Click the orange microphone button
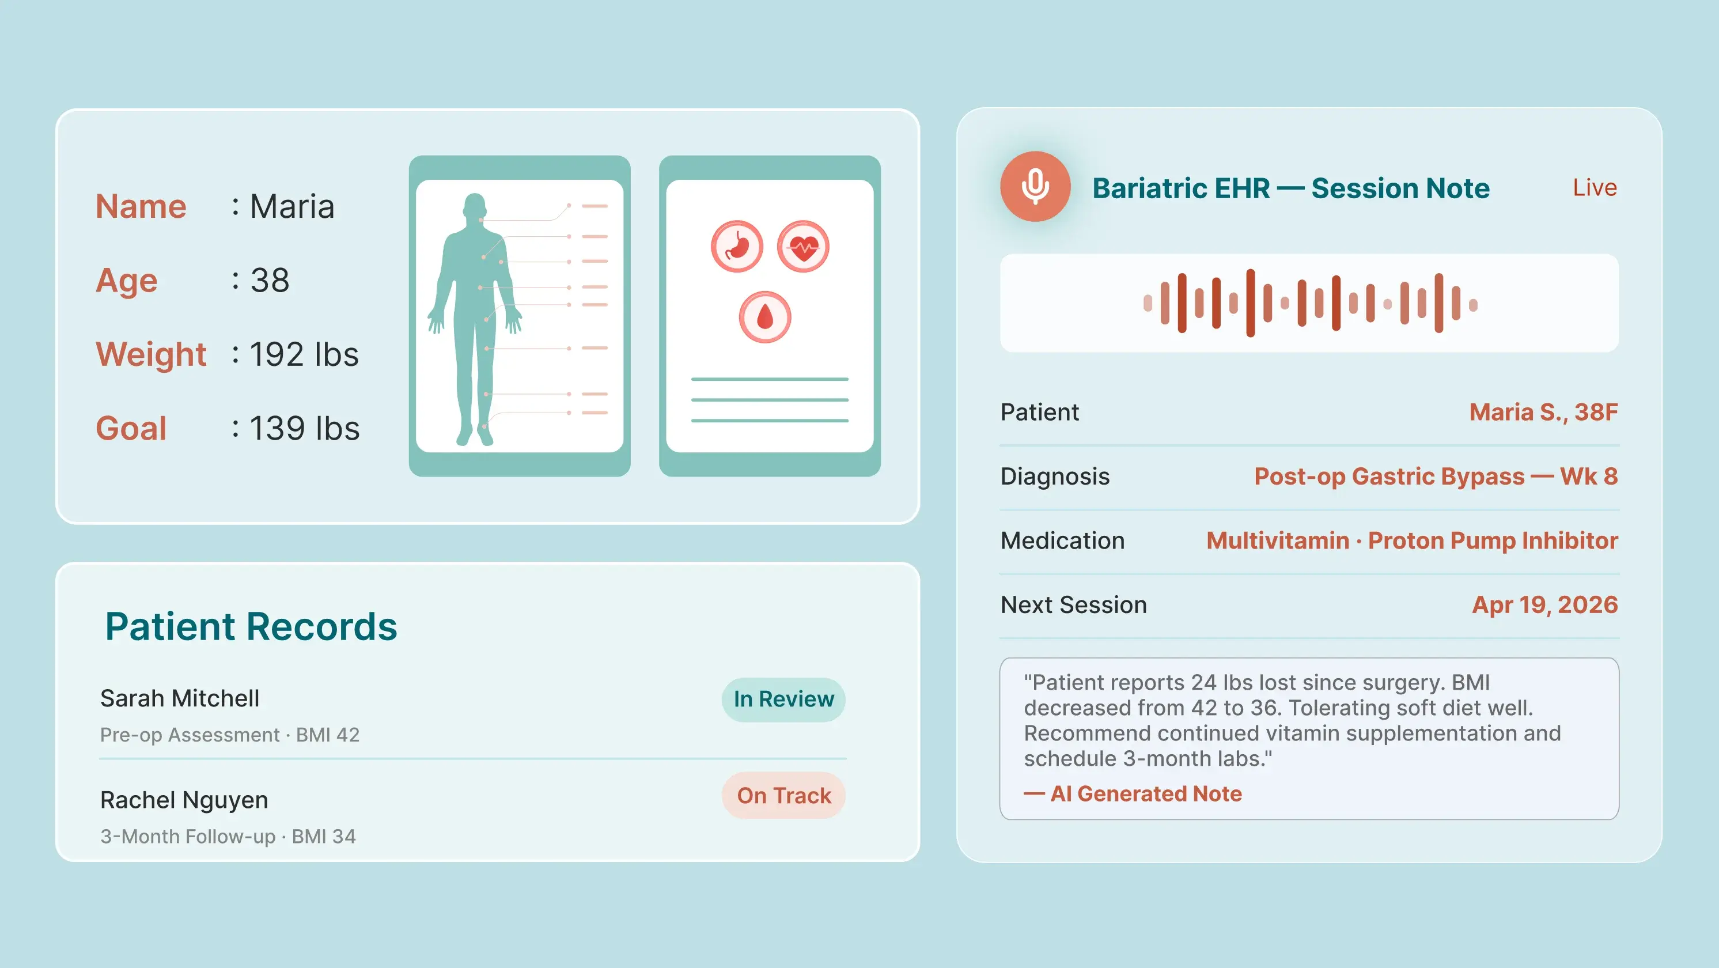1035,186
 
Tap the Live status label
1594,188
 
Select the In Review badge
783,699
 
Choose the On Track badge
783,795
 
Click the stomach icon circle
737,247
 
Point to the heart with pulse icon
804,247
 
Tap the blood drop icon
765,317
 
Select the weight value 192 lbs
304,354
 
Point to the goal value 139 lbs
305,428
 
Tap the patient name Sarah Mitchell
180,698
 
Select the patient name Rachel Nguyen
184,800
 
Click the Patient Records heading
251,626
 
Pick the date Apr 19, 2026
1545,605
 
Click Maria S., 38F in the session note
1543,413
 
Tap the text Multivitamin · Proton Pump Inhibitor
1412,540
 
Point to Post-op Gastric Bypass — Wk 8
1436,477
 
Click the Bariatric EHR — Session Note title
1290,188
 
